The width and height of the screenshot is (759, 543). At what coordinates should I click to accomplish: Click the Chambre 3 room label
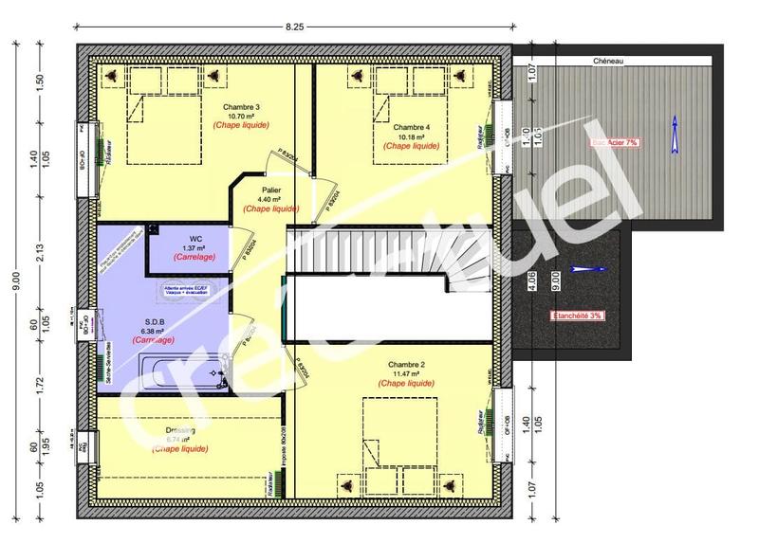click(x=239, y=107)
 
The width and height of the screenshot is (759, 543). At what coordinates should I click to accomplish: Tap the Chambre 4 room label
click(x=412, y=127)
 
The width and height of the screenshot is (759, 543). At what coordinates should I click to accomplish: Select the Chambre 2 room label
click(x=406, y=364)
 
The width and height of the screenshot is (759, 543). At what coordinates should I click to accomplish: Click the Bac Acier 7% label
click(x=615, y=141)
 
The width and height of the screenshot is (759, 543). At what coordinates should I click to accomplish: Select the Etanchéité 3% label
click(x=577, y=315)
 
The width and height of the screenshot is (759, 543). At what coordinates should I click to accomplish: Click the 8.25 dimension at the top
click(x=294, y=28)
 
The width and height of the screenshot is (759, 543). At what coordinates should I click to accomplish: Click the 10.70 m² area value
click(x=239, y=117)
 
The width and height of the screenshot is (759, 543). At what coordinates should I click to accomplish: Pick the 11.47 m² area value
click(x=406, y=373)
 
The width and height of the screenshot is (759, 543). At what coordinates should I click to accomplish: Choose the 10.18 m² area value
click(x=412, y=136)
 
